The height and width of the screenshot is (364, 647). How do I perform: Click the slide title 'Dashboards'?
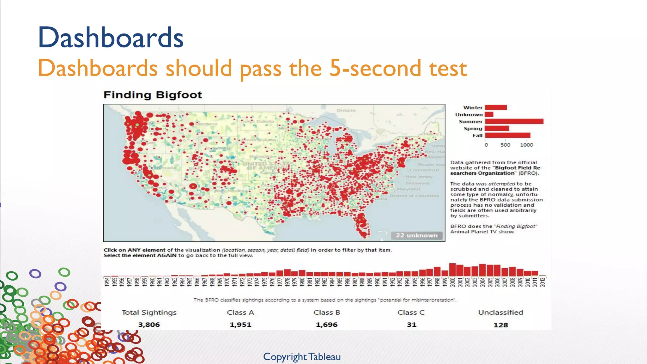(111, 38)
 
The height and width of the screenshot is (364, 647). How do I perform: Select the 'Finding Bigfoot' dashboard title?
(153, 95)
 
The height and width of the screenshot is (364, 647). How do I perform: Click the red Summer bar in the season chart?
(514, 121)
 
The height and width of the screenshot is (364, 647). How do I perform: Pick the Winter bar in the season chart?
(496, 107)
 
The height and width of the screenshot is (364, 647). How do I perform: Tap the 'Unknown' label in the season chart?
(469, 114)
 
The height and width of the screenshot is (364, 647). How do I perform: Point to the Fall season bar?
(507, 135)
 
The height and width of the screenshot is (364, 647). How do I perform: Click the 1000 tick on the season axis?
(526, 145)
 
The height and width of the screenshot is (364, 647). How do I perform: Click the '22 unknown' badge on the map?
(416, 235)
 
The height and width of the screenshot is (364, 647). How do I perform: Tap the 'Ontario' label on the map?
(346, 110)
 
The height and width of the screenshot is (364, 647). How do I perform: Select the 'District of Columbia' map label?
(414, 196)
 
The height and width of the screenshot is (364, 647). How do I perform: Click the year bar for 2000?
(452, 270)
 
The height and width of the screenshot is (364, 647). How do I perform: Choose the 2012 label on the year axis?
(542, 282)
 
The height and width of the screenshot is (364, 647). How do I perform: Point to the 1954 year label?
(107, 282)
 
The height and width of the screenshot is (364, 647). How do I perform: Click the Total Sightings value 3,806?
(149, 325)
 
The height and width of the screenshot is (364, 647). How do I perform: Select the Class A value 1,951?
(240, 325)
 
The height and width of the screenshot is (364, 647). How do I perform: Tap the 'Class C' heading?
(411, 312)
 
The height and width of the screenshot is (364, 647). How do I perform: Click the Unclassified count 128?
(500, 325)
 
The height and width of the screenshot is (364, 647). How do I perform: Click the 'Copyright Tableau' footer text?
(302, 357)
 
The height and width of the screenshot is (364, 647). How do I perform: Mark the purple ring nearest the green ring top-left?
(35, 273)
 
